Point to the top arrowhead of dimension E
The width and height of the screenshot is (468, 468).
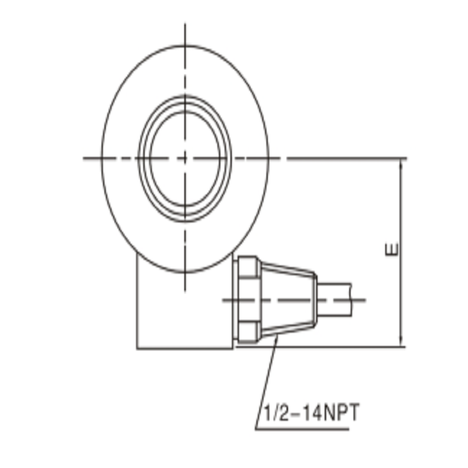pyautogui.click(x=400, y=163)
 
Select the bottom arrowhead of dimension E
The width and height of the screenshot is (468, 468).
pyautogui.click(x=400, y=342)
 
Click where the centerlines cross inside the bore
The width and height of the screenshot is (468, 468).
pyautogui.click(x=185, y=158)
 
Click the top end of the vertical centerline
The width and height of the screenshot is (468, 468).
pyautogui.click(x=185, y=26)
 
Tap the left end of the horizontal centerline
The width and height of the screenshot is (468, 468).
pyautogui.click(x=85, y=158)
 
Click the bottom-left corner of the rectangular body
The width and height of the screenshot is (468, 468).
pyautogui.click(x=137, y=348)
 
